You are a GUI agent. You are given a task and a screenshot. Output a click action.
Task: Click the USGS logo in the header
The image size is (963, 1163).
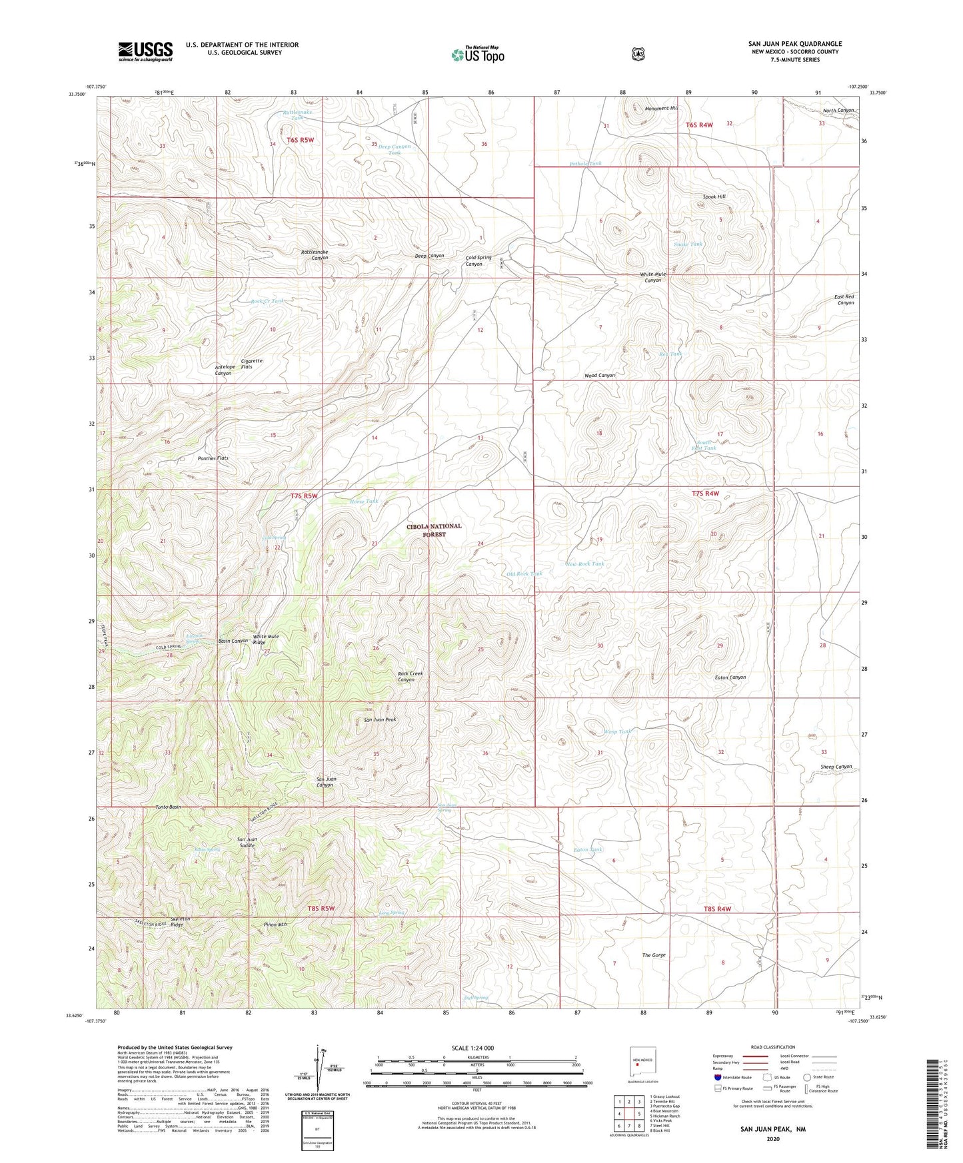[145, 51]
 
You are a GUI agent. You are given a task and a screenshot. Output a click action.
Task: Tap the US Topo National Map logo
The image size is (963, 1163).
[478, 54]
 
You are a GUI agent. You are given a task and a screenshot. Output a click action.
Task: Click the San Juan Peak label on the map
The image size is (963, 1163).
[380, 720]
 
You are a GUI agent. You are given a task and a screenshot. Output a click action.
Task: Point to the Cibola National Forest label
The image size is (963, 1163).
[434, 530]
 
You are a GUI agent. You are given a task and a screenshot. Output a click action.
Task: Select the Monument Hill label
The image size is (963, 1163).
[661, 108]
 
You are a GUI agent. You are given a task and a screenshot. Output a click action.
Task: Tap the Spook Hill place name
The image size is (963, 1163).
[714, 196]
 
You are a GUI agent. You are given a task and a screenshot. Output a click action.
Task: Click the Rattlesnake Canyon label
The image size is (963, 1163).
[315, 254]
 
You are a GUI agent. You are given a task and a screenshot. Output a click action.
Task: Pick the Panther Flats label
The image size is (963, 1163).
[213, 458]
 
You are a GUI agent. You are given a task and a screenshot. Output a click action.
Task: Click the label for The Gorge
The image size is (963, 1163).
[654, 955]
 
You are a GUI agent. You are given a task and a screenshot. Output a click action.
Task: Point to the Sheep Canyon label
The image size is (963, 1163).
[836, 767]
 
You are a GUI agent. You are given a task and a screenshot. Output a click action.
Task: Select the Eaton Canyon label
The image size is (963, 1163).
[730, 677]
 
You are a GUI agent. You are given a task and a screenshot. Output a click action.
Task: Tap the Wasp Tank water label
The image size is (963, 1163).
[617, 731]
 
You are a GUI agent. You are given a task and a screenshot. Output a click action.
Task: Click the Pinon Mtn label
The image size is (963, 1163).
[275, 925]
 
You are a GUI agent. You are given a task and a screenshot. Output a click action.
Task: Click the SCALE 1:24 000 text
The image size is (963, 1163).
[473, 1048]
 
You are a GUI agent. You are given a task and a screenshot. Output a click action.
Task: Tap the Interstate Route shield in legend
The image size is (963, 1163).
[717, 1077]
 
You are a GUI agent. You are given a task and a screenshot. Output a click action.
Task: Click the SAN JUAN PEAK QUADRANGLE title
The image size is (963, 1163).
[794, 44]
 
